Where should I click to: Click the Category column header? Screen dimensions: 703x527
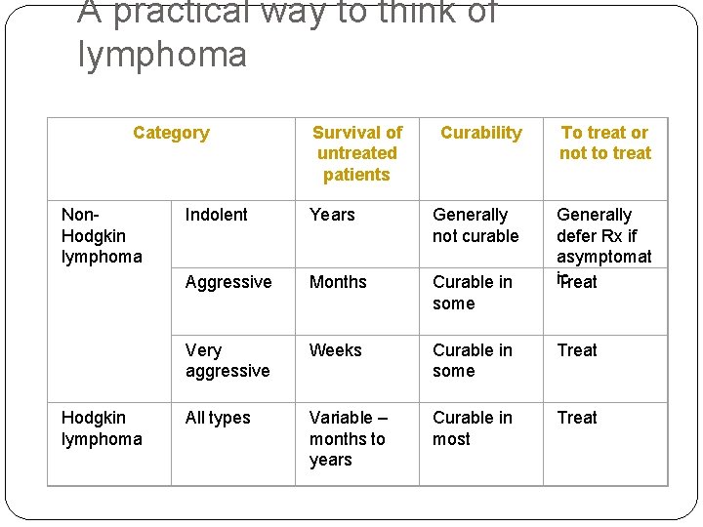(171, 133)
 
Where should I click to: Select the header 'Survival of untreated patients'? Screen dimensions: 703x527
(356, 153)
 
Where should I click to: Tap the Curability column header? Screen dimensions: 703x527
(480, 133)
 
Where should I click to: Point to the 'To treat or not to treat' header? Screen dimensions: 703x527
(604, 142)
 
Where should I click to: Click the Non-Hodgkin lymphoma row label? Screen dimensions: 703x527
(101, 235)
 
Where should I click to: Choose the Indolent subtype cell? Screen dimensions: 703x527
(216, 215)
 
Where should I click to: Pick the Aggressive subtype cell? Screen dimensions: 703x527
(228, 282)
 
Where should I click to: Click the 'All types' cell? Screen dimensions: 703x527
(218, 418)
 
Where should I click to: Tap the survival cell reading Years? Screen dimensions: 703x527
(332, 215)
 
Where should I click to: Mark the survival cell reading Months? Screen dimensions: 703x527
(338, 282)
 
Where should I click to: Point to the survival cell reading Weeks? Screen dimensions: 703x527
(335, 350)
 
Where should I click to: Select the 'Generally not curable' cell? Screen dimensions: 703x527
(476, 225)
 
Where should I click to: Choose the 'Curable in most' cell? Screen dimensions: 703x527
(472, 428)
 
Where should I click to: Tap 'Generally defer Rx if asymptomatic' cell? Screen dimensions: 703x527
(602, 235)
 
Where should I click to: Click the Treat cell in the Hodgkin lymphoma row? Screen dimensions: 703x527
(576, 418)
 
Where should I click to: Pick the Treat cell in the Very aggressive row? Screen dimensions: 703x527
(576, 350)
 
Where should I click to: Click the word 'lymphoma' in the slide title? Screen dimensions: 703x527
(162, 55)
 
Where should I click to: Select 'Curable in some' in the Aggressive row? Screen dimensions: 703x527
(472, 293)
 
